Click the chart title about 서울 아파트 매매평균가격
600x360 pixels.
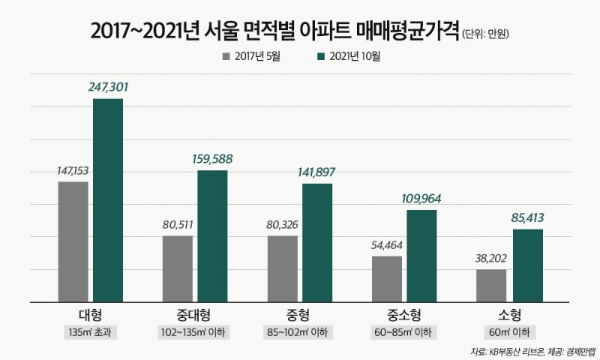pyautogui.click(x=274, y=31)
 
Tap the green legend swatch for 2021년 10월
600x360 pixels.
pyautogui.click(x=323, y=57)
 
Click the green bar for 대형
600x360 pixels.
pyautogui.click(x=108, y=200)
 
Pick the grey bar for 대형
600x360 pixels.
pyautogui.click(x=73, y=241)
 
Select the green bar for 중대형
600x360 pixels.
pyautogui.click(x=212, y=236)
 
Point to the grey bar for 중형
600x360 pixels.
pyautogui.click(x=282, y=268)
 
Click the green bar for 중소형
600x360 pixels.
pyautogui.click(x=421, y=256)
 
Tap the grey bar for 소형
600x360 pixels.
pyautogui.click(x=491, y=285)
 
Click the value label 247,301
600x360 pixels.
pyautogui.click(x=108, y=87)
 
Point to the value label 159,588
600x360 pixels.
pyautogui.click(x=212, y=159)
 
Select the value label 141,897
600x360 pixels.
pyautogui.click(x=317, y=172)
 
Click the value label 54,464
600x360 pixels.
pyautogui.click(x=387, y=245)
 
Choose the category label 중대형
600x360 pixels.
pyautogui.click(x=195, y=314)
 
